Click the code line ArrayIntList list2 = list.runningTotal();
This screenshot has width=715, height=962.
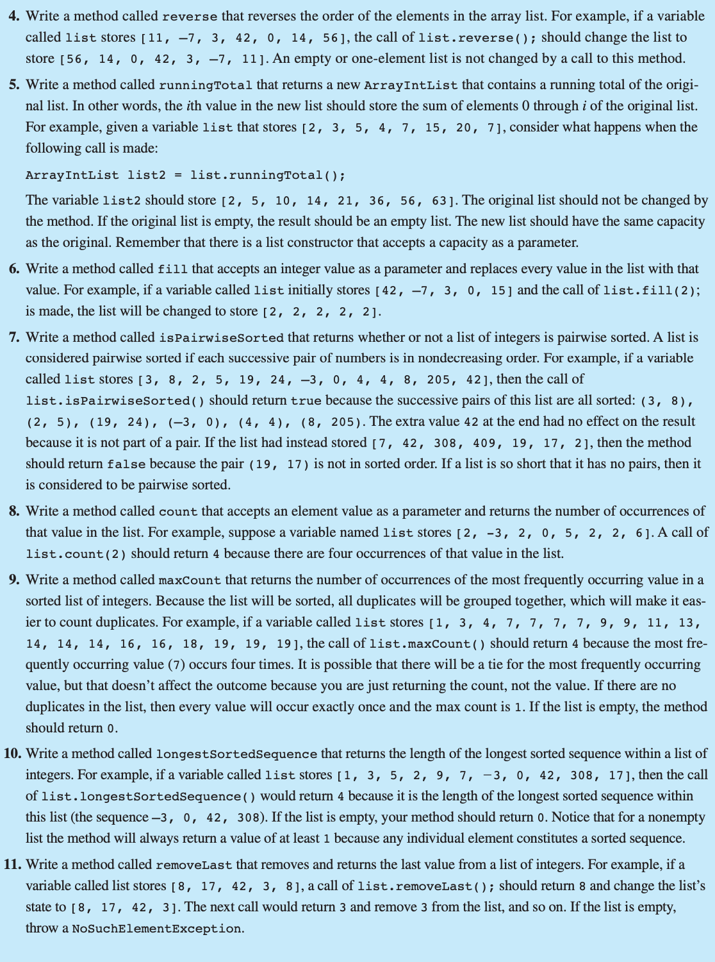[185, 175]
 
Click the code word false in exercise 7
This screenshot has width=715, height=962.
[126, 464]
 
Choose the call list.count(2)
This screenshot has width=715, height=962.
[76, 554]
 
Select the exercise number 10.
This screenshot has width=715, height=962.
[13, 754]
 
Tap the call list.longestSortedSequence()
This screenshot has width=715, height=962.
[149, 797]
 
